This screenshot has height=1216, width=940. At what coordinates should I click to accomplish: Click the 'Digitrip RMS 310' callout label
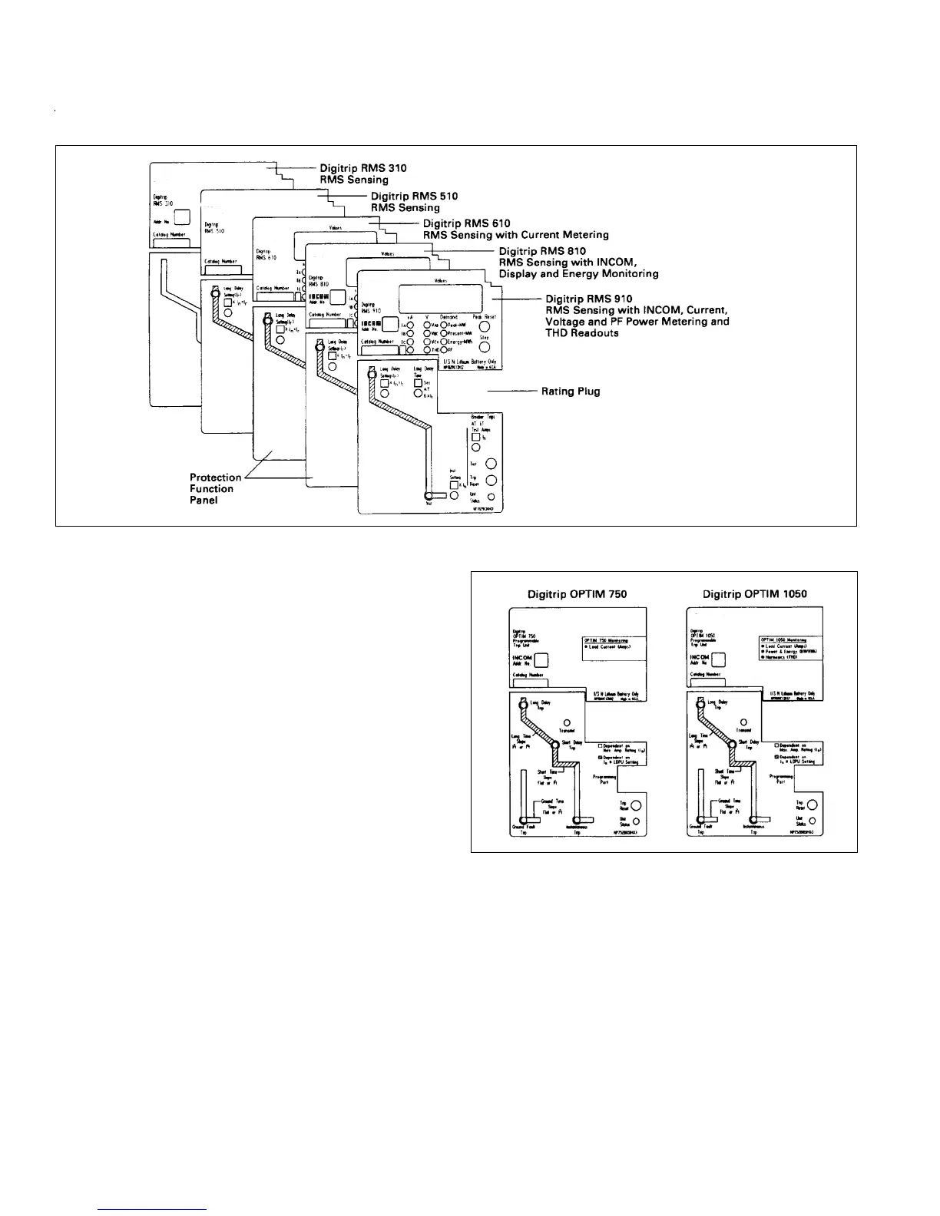pos(362,168)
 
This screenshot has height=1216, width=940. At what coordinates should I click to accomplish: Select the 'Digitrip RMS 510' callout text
pos(414,196)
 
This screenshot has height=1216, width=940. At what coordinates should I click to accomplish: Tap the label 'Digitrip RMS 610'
pos(467,223)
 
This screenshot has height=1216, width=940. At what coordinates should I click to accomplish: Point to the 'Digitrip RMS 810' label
pos(542,251)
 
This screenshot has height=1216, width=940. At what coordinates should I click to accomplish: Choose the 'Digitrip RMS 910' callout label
pos(589,299)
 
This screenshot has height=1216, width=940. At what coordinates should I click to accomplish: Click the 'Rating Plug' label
pos(571,392)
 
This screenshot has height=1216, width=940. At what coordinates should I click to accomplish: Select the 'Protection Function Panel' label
pos(215,489)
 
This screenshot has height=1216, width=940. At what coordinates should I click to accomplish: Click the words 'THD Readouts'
pos(582,333)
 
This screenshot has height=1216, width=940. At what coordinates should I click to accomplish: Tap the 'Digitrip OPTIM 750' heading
pos(577,593)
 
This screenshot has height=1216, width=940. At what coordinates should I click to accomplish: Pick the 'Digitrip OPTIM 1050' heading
pos(754,593)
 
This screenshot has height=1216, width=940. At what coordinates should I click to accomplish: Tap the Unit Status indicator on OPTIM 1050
pos(813,821)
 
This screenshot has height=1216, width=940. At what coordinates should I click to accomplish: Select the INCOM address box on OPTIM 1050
pos(719,660)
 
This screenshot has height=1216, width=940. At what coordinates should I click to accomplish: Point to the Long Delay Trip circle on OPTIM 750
pos(523,700)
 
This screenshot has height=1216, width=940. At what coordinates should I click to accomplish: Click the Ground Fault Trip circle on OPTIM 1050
pos(700,820)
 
